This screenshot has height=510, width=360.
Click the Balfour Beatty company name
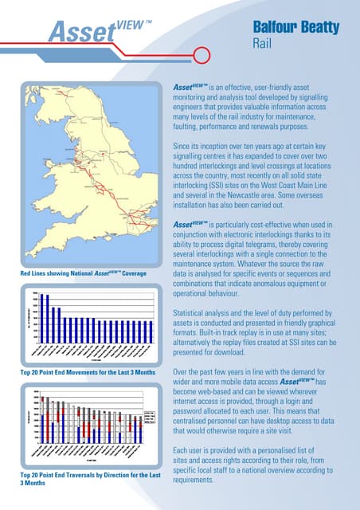296,28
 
